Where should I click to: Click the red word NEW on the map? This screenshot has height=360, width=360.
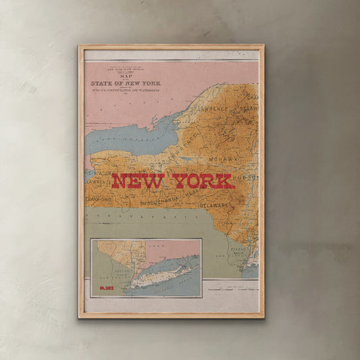[x=138, y=181]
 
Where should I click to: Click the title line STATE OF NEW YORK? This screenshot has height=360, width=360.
[x=122, y=84]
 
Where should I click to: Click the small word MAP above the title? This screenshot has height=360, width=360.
[x=122, y=76]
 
